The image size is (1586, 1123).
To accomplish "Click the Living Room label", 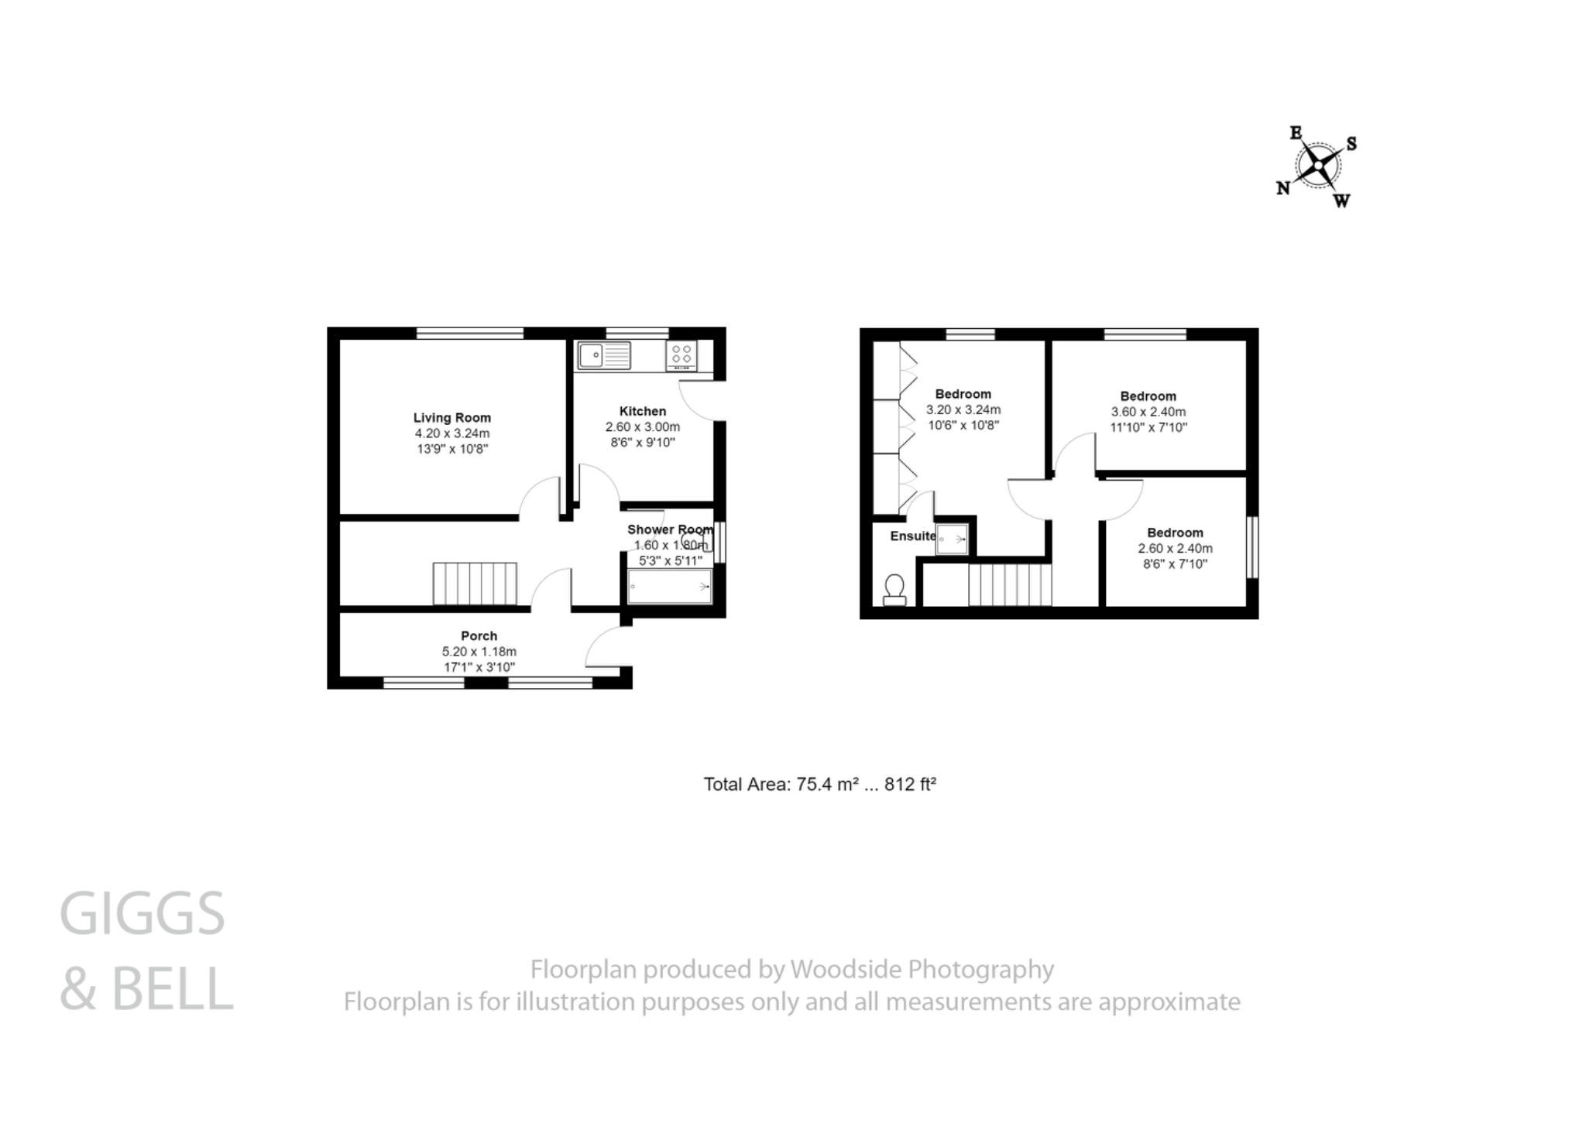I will (x=451, y=418).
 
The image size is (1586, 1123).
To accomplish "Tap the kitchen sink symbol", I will (x=604, y=356).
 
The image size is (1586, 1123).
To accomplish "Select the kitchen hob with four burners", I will (x=681, y=356).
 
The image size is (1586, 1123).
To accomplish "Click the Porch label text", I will (x=479, y=636).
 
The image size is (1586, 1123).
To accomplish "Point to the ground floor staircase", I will (x=474, y=584).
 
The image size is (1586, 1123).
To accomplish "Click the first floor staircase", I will (x=1010, y=585).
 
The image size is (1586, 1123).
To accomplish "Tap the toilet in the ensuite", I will (x=895, y=590).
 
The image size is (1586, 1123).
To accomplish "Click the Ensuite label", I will (x=912, y=536).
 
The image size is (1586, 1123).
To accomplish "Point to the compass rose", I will (x=1317, y=166).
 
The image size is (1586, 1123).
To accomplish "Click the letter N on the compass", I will (x=1283, y=188).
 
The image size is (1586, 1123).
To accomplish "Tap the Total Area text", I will (x=819, y=785).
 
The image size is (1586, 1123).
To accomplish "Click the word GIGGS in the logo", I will (x=142, y=914).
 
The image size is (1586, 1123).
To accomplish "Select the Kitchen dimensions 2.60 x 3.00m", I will (x=643, y=427).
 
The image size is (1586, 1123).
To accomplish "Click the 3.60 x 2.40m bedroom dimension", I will (x=1148, y=413).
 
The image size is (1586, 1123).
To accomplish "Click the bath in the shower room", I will (x=670, y=587).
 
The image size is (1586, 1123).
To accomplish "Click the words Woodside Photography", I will (x=922, y=970).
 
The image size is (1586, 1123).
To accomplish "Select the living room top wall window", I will (x=470, y=334).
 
